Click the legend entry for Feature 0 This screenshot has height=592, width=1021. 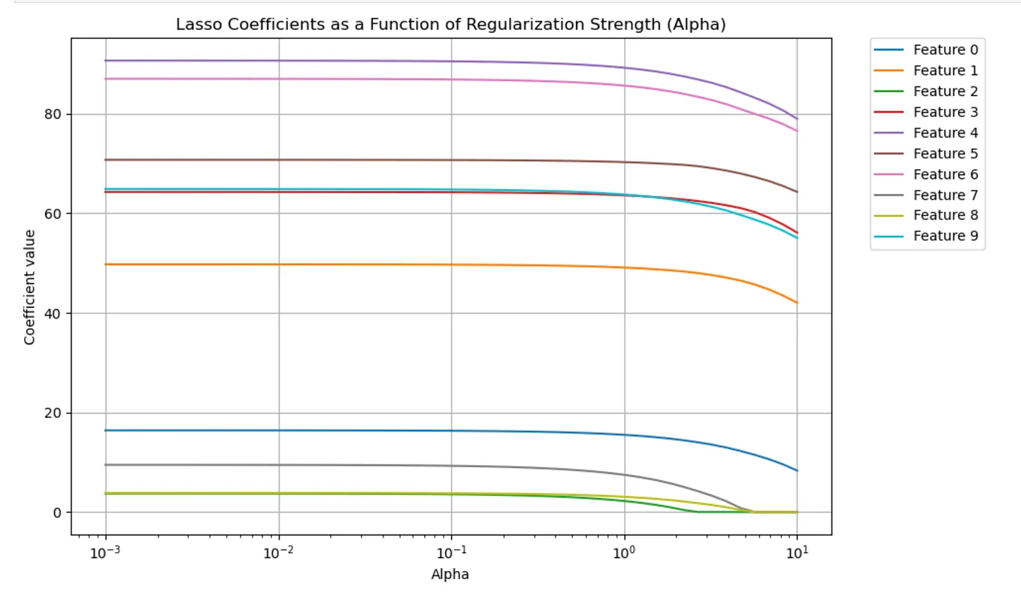point(945,50)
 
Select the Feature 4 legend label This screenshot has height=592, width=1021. point(945,133)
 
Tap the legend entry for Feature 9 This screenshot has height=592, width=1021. point(945,236)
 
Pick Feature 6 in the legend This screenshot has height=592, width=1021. point(945,174)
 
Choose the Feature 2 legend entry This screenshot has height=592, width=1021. point(945,92)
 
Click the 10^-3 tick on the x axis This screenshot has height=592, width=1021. point(105,554)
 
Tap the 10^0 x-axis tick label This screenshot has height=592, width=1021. point(624,554)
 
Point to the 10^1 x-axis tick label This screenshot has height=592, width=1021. point(797,554)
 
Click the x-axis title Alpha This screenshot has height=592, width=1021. point(450,575)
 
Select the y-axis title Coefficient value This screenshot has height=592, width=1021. point(30,287)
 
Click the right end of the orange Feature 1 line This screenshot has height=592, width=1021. point(797,303)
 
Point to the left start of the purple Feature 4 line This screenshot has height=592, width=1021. point(105,61)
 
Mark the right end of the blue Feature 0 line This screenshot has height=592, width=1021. point(797,470)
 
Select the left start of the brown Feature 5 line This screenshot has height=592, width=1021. point(105,159)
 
